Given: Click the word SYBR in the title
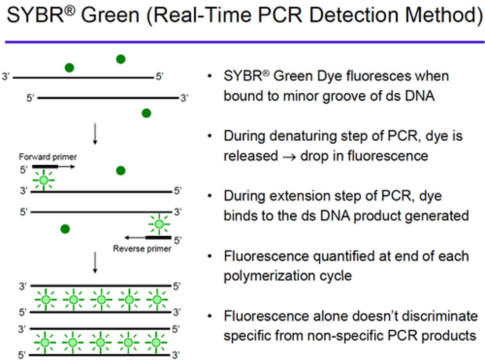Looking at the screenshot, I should (x=35, y=15).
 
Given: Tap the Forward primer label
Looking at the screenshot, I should (x=48, y=157).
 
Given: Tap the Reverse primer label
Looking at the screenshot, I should (x=142, y=249).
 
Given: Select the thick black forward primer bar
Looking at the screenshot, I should (x=45, y=167).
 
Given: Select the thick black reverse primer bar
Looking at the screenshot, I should (x=158, y=238).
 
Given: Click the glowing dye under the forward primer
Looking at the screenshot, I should (x=43, y=180).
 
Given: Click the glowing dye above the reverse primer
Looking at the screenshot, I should (x=159, y=224).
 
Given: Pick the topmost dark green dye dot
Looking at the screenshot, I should (x=121, y=59).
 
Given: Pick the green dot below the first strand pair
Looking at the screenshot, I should (x=146, y=113).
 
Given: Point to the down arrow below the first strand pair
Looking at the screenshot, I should (x=95, y=134).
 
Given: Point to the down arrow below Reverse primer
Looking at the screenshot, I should (x=95, y=262).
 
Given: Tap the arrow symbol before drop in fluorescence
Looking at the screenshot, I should (x=289, y=157).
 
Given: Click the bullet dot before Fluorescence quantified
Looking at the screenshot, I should (x=210, y=257).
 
